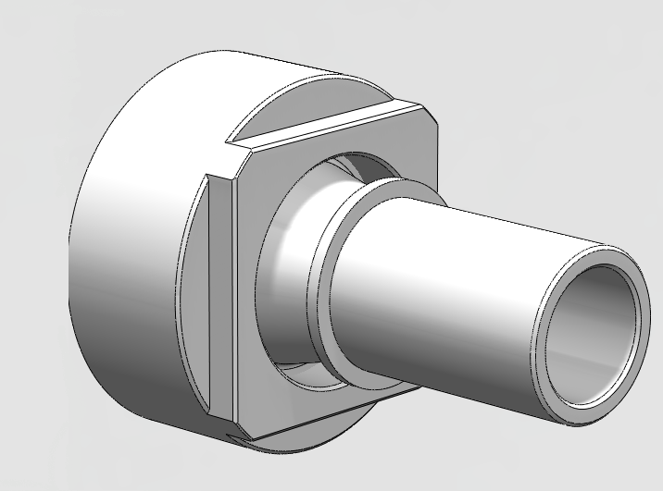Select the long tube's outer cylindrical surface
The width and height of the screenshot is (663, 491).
(x=463, y=277)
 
